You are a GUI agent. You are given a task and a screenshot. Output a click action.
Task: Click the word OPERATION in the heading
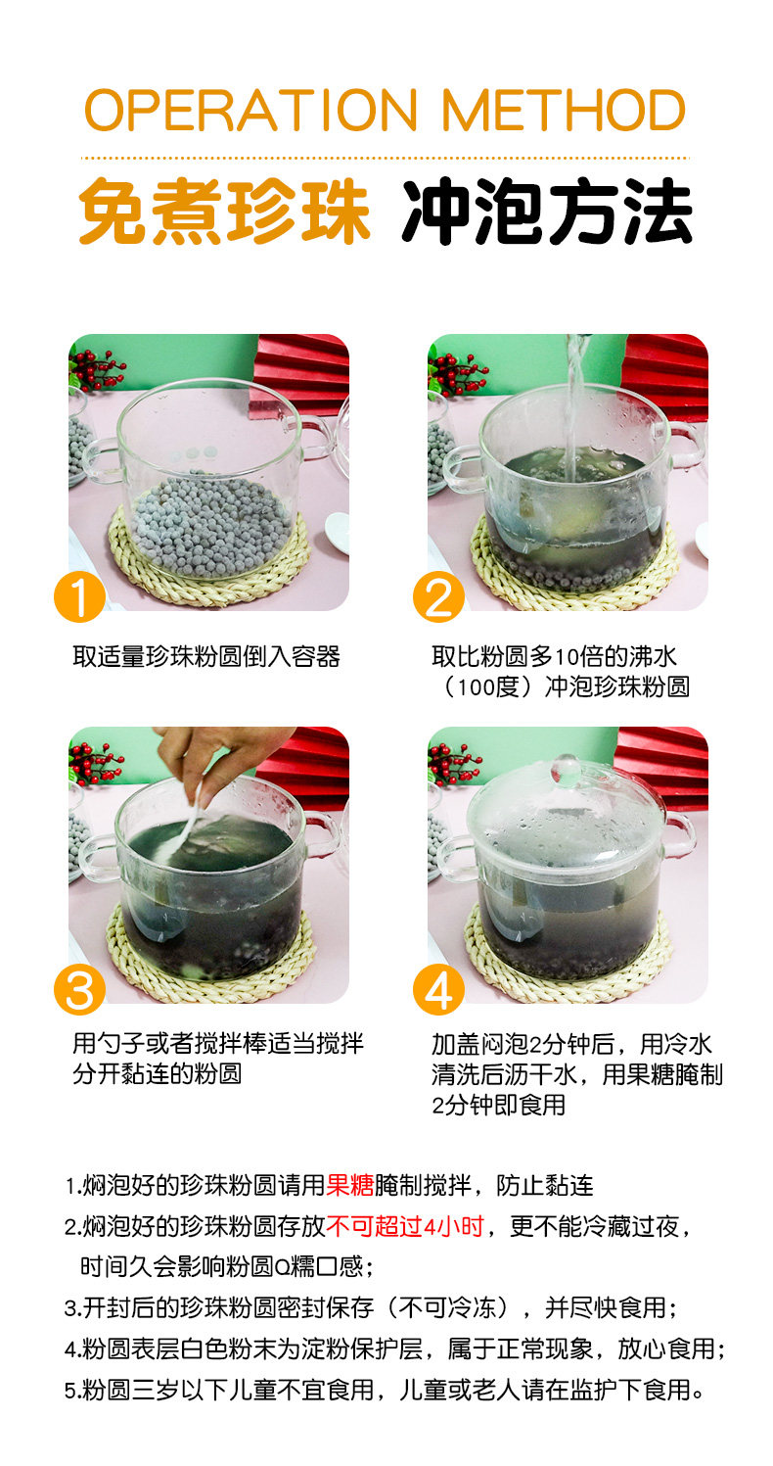tap(250, 110)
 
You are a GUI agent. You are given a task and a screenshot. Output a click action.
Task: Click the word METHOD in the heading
tap(564, 110)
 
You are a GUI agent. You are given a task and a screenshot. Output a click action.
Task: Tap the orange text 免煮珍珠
tap(224, 212)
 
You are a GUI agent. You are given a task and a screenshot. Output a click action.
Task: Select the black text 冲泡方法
tap(547, 212)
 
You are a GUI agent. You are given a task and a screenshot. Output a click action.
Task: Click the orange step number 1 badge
tap(80, 596)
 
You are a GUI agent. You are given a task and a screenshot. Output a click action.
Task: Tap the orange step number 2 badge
tap(438, 596)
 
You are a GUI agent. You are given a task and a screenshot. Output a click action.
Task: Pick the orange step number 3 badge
tap(80, 989)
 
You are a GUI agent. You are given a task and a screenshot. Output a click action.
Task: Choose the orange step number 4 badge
tap(438, 989)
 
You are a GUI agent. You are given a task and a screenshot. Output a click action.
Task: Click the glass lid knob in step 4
tap(565, 769)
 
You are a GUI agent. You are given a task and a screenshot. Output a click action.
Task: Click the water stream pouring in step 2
tap(574, 405)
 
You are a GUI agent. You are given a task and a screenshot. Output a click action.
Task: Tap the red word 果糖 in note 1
tap(350, 1185)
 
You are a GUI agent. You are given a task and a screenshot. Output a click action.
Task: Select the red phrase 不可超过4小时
tap(405, 1226)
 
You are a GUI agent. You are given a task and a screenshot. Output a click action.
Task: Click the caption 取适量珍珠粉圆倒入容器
tap(206, 656)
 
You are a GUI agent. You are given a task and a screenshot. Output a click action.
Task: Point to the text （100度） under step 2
tap(490, 686)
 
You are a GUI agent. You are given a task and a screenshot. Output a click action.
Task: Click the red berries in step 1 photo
tap(98, 370)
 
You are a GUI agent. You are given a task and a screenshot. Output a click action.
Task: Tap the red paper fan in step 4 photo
tap(661, 766)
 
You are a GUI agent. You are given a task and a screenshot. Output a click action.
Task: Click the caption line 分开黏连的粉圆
tap(158, 1074)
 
